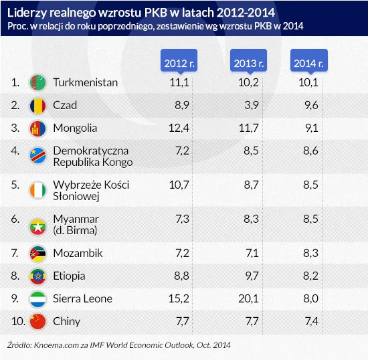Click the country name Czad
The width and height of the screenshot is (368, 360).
point(64,105)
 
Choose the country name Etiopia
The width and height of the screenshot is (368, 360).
point(69,276)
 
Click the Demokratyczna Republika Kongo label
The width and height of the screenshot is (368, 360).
point(92,156)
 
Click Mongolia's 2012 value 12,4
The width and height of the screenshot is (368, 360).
point(181,128)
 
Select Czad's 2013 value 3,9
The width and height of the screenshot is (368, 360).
point(250,105)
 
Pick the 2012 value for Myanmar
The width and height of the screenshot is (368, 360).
point(183,219)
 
